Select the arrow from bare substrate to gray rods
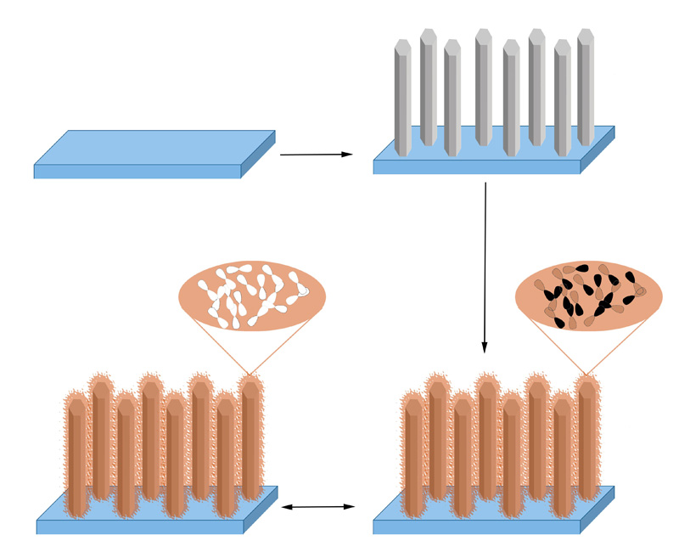[x=315, y=155]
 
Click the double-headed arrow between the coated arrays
[x=317, y=507]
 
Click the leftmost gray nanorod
[x=402, y=98]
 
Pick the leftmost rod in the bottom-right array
[x=412, y=454]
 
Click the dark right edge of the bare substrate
[x=259, y=154]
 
